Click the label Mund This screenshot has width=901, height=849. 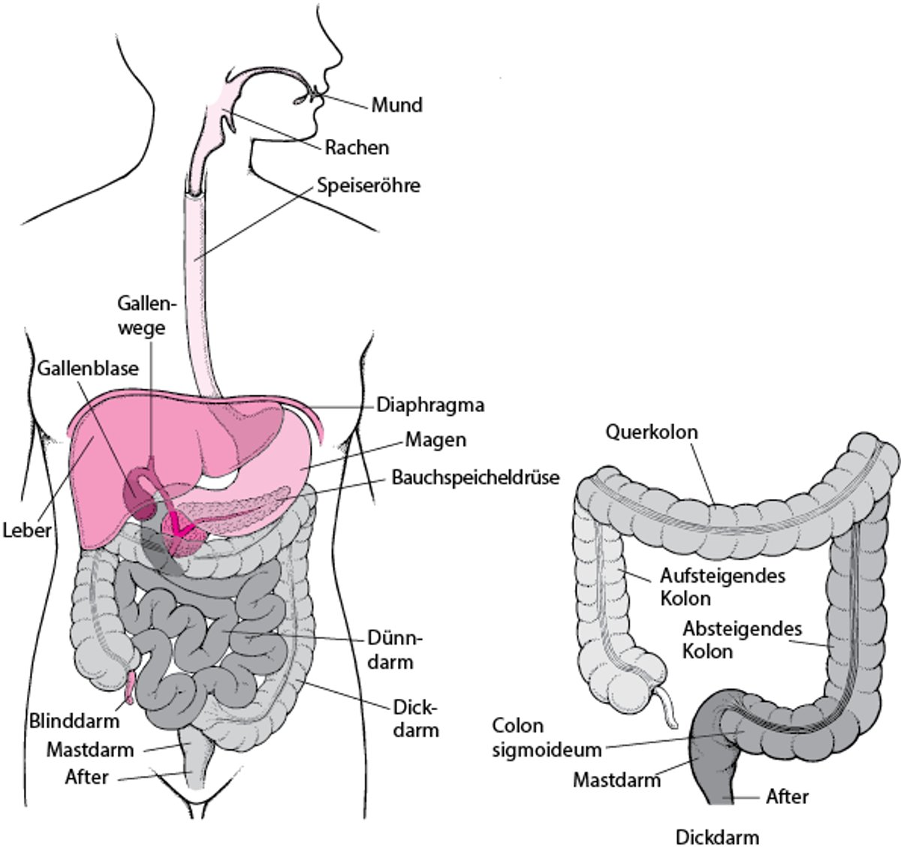click(397, 104)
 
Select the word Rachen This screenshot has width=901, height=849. click(357, 147)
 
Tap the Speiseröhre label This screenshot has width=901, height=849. click(369, 185)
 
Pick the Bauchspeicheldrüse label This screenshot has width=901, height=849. click(475, 477)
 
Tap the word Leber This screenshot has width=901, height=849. click(26, 531)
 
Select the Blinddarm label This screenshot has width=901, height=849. click(74, 721)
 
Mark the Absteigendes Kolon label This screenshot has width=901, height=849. click(742, 639)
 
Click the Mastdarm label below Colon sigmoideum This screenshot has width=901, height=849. click(616, 779)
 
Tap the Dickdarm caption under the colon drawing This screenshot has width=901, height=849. click(717, 837)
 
